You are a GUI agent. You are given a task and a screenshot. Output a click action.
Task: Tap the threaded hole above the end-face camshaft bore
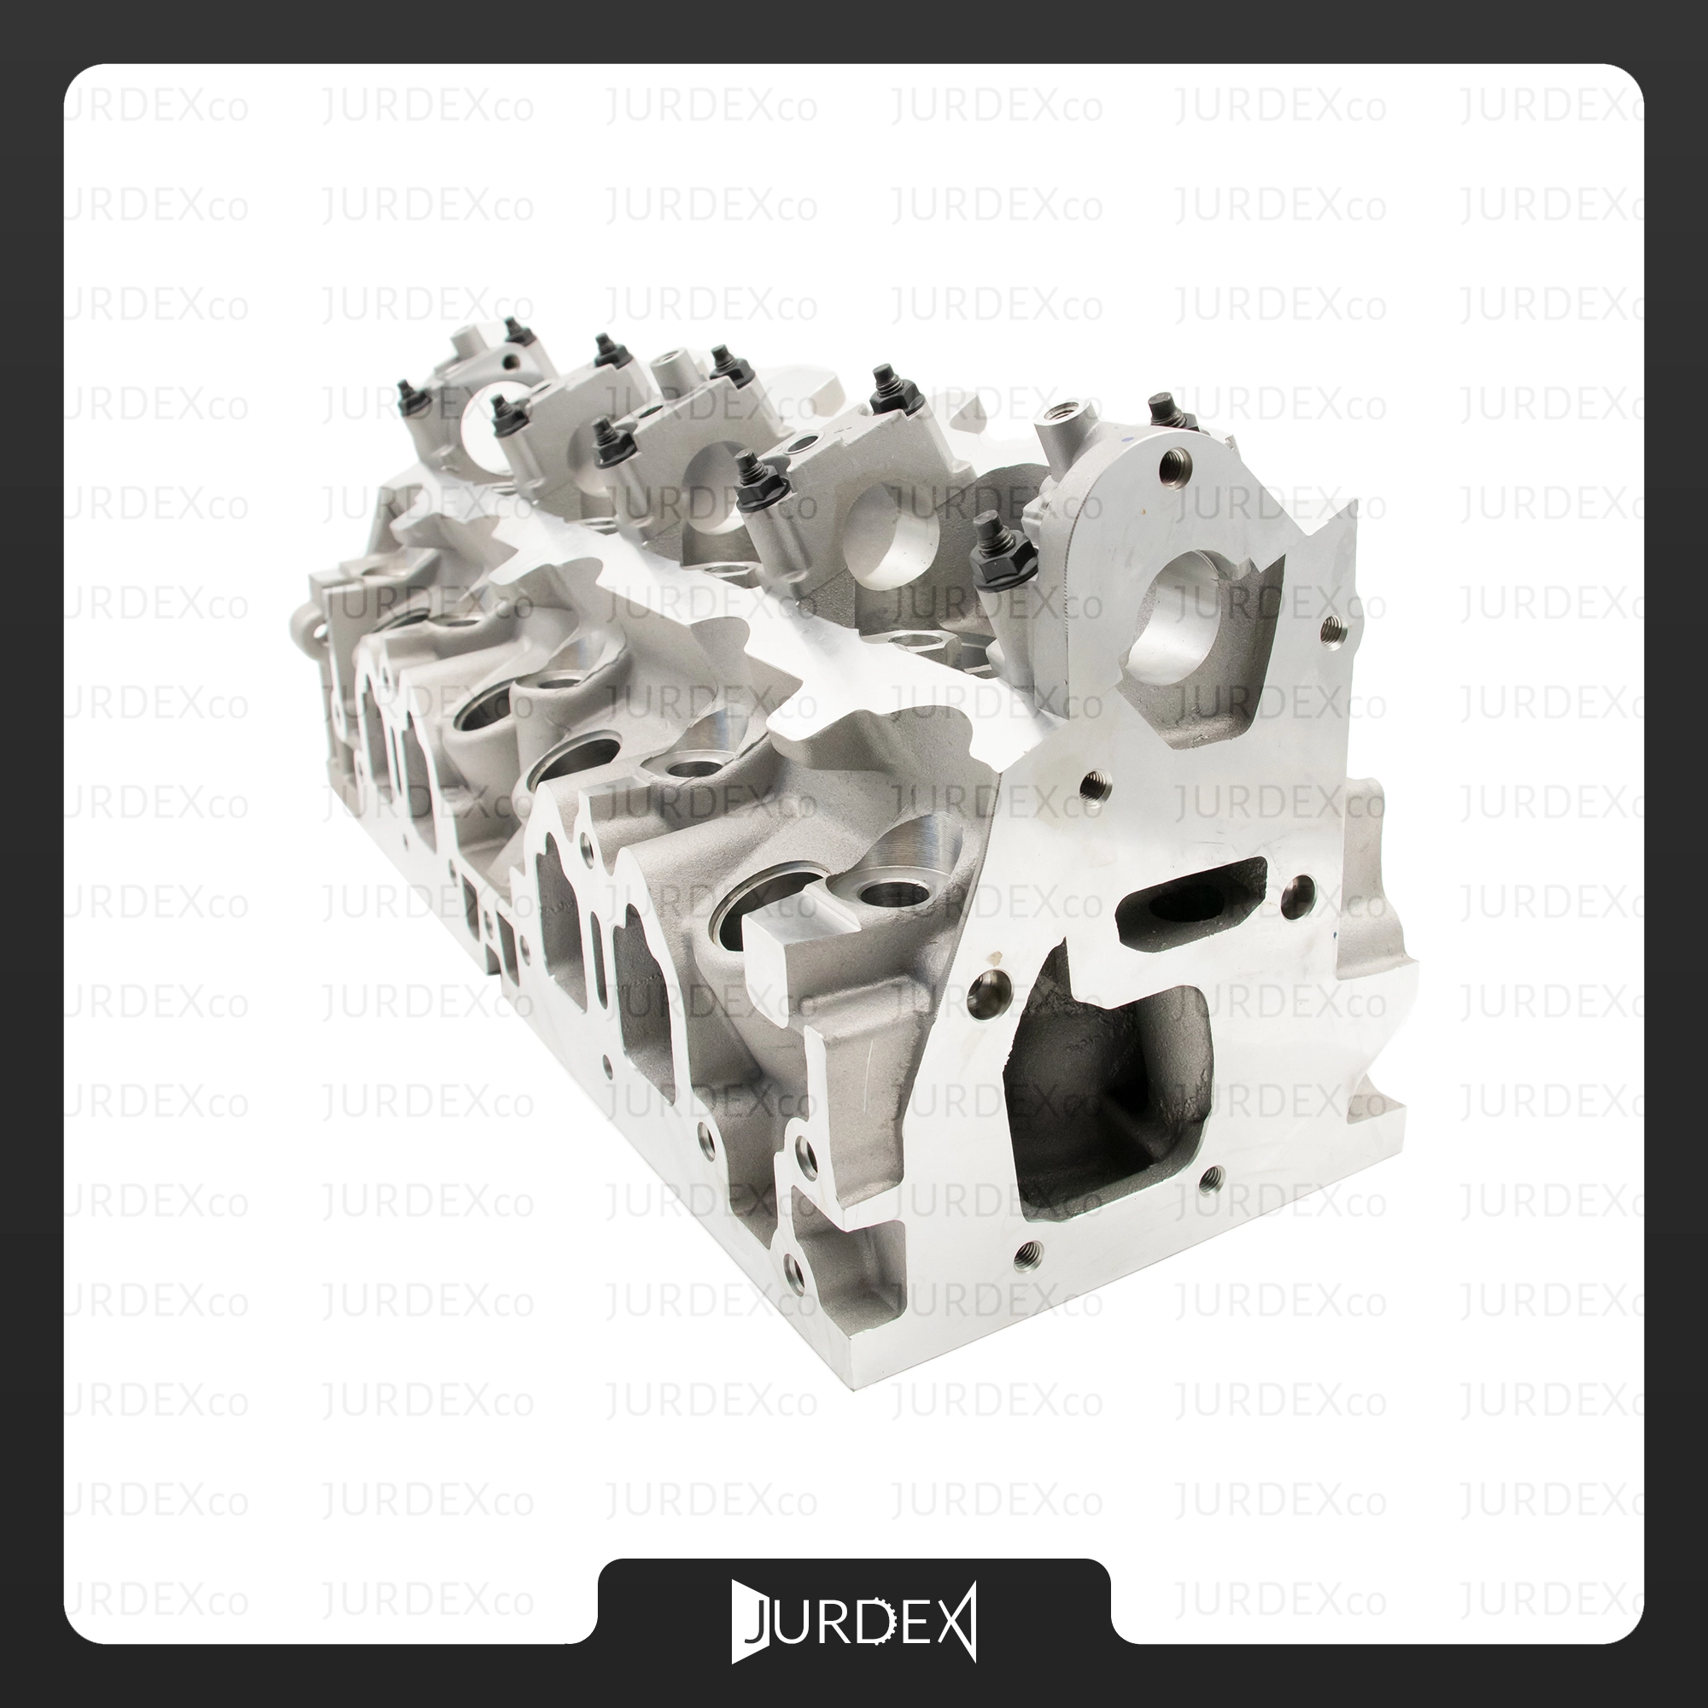tap(1173, 460)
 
